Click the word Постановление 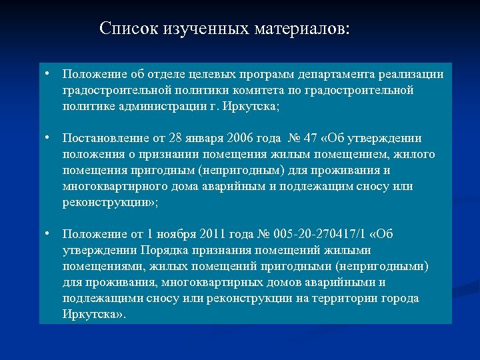(107, 138)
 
